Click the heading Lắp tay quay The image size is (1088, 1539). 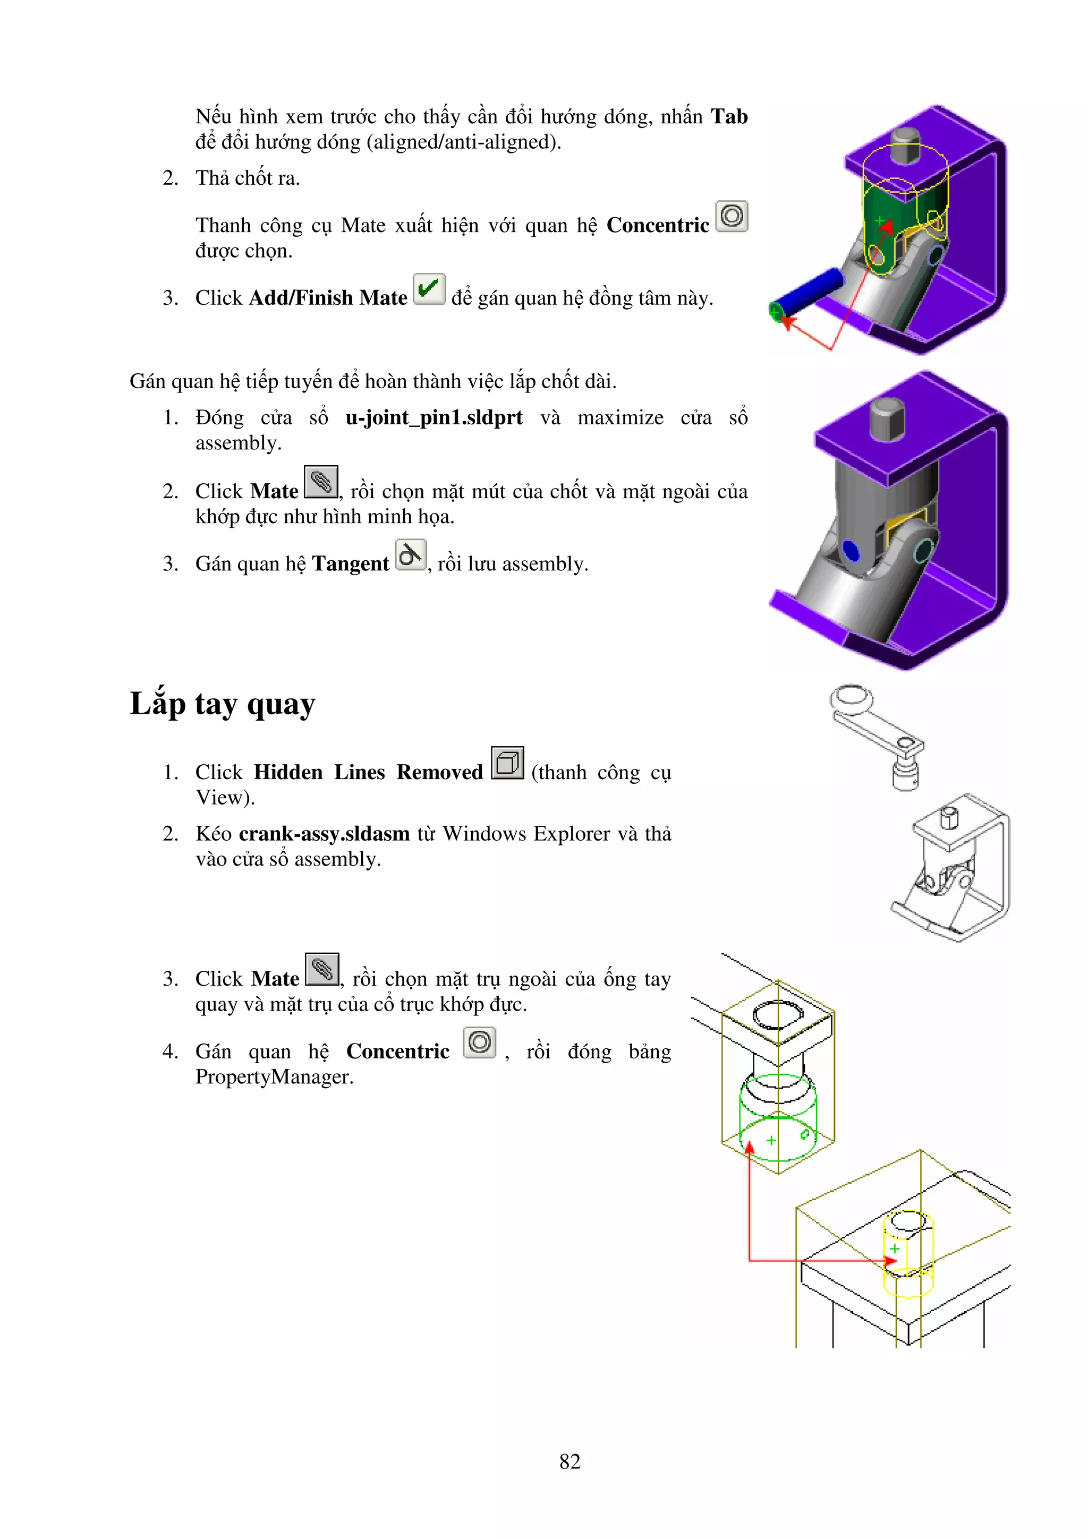(x=222, y=704)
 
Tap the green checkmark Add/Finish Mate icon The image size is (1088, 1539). (x=429, y=289)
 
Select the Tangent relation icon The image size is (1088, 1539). (x=410, y=555)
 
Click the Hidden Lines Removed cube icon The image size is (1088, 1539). (x=507, y=763)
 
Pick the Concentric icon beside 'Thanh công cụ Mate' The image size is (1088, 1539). (x=732, y=217)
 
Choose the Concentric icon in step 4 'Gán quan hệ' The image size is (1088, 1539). (x=479, y=1042)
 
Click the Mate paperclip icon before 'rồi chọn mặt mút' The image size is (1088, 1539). (x=320, y=482)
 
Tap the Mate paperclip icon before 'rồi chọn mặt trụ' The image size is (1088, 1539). (x=322, y=969)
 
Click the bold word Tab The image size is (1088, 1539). (x=729, y=117)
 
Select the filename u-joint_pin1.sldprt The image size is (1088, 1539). (x=433, y=417)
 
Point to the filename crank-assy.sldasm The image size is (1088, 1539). (x=324, y=834)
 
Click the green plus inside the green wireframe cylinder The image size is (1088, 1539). (x=771, y=1140)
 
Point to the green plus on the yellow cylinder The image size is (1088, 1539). (x=894, y=1249)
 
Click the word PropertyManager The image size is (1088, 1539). (x=274, y=1077)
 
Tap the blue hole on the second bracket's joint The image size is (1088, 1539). (x=850, y=551)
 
